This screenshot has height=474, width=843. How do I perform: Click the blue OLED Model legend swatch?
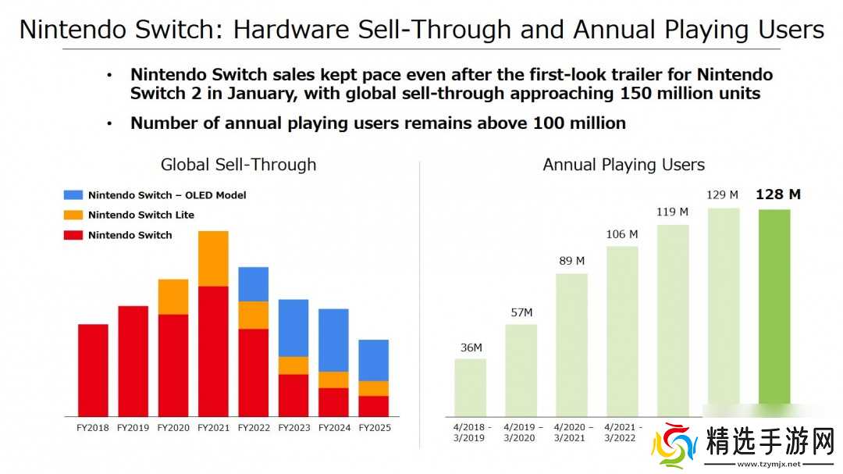(73, 195)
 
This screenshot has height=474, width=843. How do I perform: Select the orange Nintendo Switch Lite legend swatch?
(73, 215)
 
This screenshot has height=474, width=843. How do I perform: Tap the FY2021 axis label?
(213, 427)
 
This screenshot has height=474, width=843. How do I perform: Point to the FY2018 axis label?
(93, 427)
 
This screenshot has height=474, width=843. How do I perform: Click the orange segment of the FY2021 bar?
(213, 258)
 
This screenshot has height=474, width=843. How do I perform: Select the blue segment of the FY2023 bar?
(293, 328)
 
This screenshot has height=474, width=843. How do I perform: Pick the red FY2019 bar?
(133, 361)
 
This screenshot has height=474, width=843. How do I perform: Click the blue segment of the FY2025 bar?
(374, 360)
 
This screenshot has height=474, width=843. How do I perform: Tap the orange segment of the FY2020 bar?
(173, 297)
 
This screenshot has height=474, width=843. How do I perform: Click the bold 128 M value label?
(777, 194)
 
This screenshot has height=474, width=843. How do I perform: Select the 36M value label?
(471, 347)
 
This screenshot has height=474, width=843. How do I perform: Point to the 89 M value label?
(571, 261)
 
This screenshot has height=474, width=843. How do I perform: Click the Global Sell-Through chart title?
(238, 165)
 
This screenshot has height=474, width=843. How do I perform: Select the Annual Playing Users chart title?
(624, 165)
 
